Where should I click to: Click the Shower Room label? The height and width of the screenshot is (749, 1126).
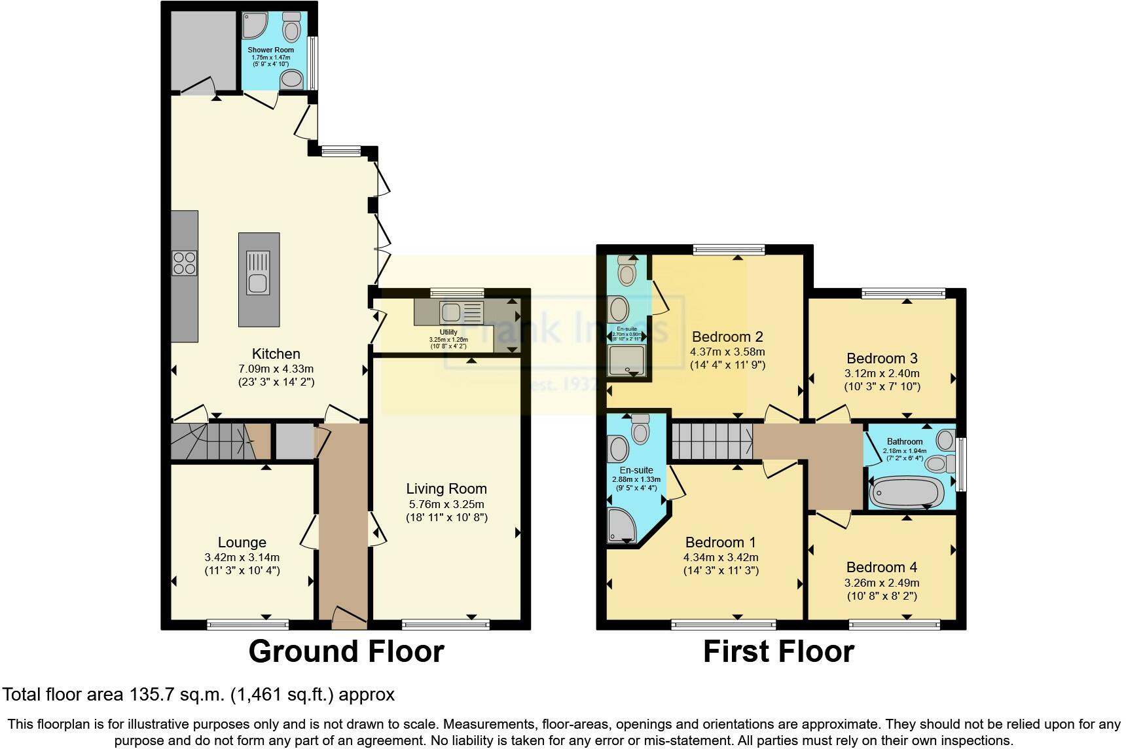[270, 50]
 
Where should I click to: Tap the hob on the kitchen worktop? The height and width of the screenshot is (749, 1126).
[184, 263]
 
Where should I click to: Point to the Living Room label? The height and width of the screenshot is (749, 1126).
[446, 488]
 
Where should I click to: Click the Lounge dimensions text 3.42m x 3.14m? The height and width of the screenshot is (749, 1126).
[242, 558]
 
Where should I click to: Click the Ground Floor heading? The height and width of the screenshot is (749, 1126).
[346, 651]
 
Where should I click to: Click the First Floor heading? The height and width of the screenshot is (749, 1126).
[778, 651]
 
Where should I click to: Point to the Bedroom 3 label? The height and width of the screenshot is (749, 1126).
[881, 358]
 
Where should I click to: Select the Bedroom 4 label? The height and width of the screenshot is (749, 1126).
[881, 567]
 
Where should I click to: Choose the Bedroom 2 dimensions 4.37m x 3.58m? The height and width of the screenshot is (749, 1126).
[727, 352]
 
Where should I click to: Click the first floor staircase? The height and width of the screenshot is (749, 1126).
[712, 441]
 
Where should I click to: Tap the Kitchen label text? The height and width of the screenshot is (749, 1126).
[276, 354]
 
